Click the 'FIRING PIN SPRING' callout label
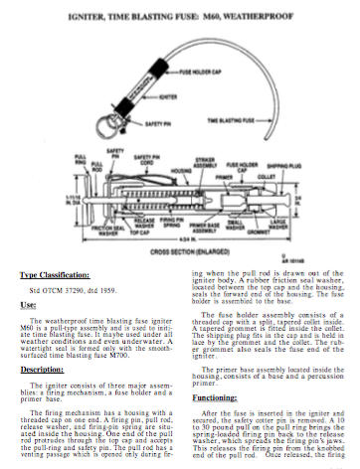click(x=174, y=225)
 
